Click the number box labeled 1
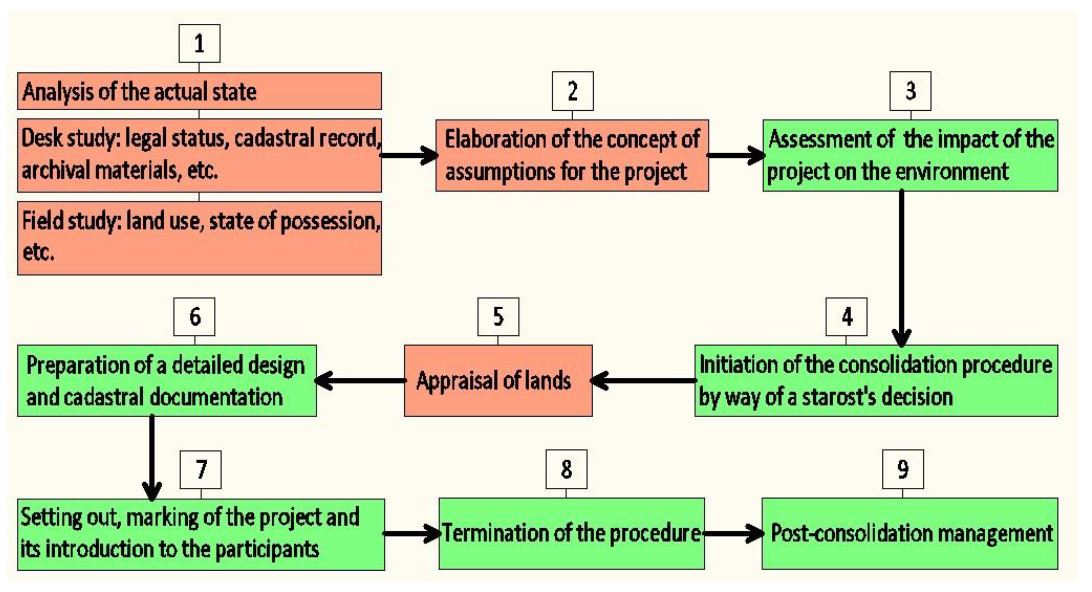(x=199, y=44)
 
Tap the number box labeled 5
(x=498, y=317)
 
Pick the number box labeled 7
(x=201, y=470)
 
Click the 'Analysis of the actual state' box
(x=199, y=91)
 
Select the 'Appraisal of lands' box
(x=498, y=381)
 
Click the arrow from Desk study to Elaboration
(x=409, y=155)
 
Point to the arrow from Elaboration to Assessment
(x=735, y=155)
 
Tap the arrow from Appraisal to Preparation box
(x=360, y=381)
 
